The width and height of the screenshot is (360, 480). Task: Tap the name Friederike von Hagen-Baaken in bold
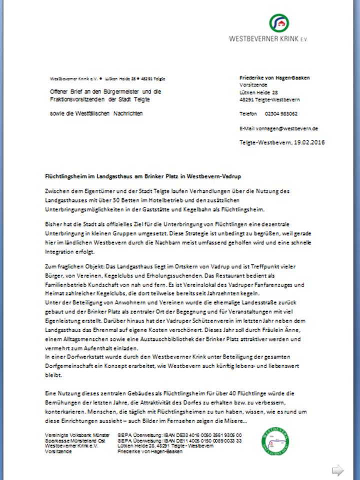274,78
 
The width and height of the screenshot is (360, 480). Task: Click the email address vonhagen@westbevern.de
291,128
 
